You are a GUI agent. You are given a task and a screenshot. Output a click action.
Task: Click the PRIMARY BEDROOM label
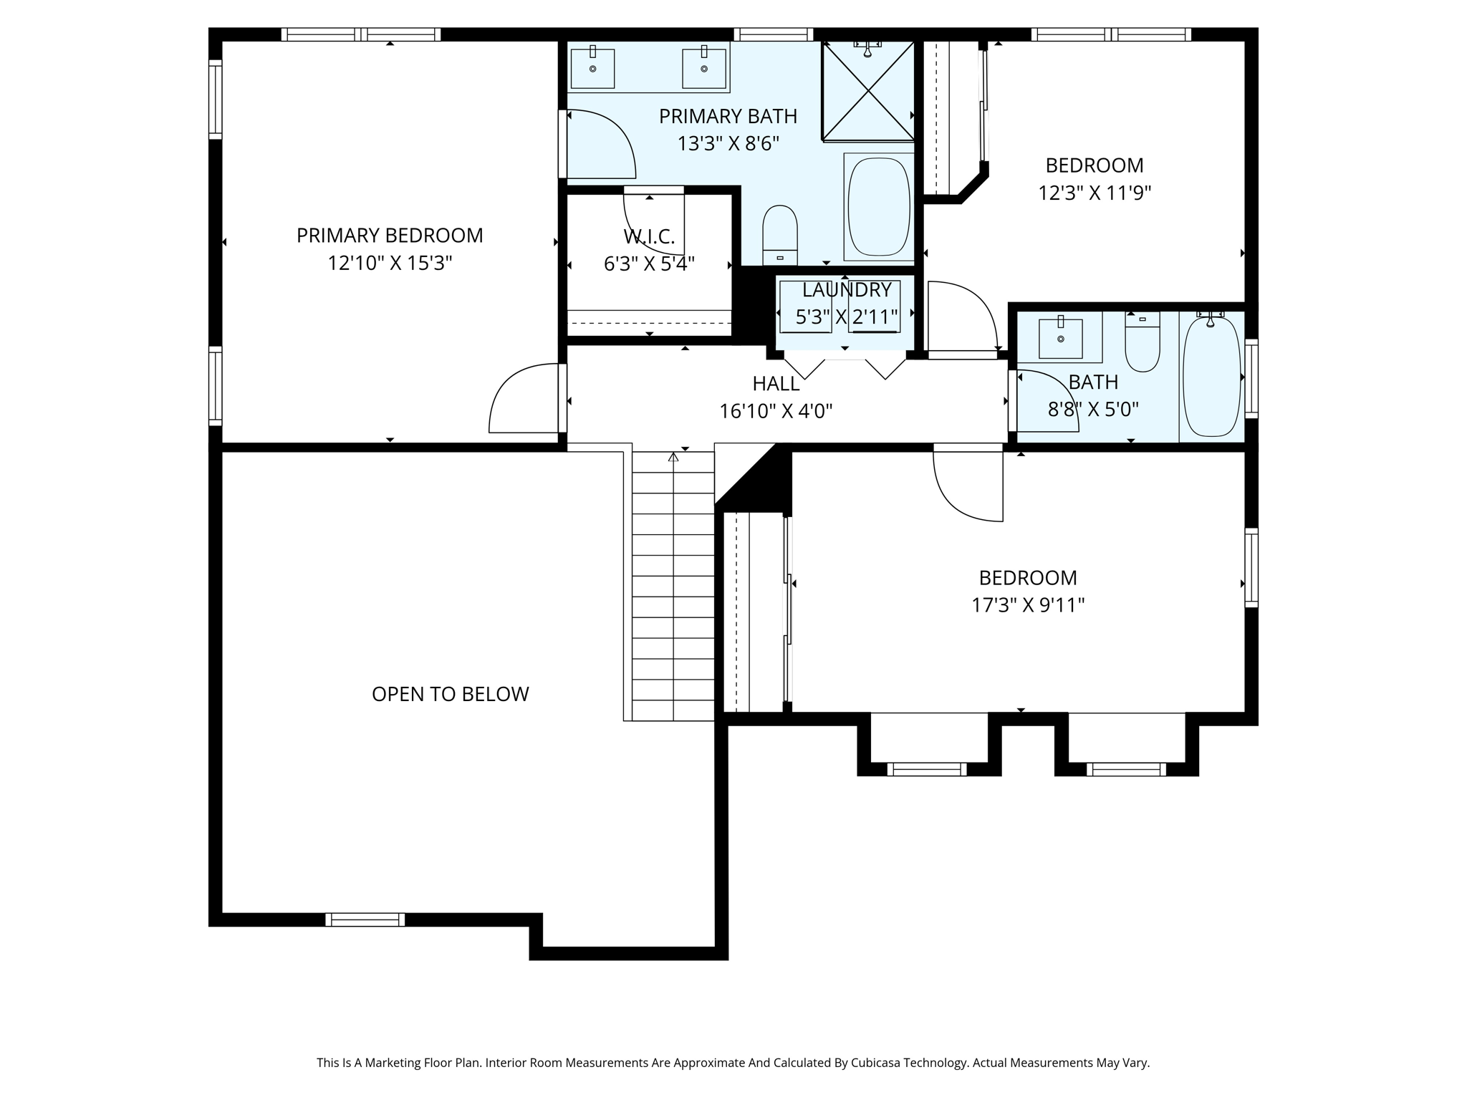(x=390, y=236)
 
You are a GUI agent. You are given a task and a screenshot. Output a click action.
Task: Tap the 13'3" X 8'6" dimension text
(x=728, y=143)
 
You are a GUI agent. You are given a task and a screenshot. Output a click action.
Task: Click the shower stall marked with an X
(x=867, y=90)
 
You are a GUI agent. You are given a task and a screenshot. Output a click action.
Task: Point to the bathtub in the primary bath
(x=878, y=206)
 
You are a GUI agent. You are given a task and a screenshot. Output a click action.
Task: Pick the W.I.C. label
(x=649, y=236)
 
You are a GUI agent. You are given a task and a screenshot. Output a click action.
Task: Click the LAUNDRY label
(x=846, y=290)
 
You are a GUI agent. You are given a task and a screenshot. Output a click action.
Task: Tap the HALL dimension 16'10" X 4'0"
(x=776, y=411)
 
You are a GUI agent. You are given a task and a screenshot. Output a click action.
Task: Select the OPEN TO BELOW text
(x=450, y=694)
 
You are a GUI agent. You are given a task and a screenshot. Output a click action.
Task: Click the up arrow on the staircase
(x=673, y=456)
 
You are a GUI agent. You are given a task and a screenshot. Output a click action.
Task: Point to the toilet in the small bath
(x=1142, y=344)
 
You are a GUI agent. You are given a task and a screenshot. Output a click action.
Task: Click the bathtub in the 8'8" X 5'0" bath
(x=1211, y=377)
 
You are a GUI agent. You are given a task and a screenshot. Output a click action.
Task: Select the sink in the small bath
(x=1060, y=338)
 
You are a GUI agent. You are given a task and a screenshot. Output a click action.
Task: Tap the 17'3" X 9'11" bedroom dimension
(x=1027, y=605)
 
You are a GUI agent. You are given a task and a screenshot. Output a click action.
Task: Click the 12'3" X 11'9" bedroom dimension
(x=1094, y=193)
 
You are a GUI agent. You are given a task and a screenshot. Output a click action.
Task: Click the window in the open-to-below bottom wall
(x=365, y=920)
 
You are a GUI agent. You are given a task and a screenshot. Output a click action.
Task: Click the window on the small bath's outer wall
(x=1251, y=378)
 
